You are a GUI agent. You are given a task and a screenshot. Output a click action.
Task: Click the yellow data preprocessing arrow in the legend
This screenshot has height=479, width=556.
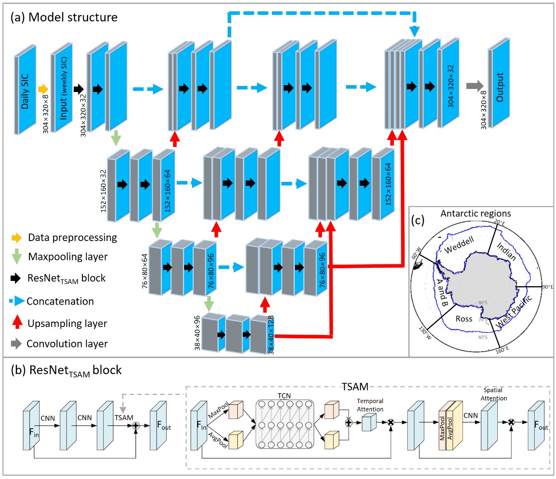point(16,238)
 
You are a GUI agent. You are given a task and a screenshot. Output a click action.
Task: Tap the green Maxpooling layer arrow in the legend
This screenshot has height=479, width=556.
point(16,256)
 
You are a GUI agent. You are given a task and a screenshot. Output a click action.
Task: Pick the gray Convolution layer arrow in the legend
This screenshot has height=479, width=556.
point(16,344)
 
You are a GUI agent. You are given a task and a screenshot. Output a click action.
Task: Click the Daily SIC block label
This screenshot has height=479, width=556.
point(25,91)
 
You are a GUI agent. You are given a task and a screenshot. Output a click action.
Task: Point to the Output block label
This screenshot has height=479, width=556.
point(499,87)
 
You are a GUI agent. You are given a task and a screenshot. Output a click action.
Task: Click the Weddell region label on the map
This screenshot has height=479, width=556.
point(459,245)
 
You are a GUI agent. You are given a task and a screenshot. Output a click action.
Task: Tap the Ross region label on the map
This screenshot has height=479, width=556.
point(463,319)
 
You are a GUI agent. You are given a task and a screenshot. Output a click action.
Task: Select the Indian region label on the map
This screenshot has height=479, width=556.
point(506,252)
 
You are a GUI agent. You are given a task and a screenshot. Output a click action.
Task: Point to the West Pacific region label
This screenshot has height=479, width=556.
point(514,311)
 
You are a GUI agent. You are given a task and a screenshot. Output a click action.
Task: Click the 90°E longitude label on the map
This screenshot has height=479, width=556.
point(548,287)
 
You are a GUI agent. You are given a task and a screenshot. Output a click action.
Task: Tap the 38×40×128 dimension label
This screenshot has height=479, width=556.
point(271,334)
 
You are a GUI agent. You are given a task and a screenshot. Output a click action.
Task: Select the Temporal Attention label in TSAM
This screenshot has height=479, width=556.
point(370,405)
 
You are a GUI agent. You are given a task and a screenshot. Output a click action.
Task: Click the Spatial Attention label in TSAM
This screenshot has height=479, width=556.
point(493,394)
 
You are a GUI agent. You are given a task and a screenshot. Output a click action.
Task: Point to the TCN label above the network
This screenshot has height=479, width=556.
point(284,396)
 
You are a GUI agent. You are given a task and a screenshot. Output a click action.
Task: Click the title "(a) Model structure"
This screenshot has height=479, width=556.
point(64,17)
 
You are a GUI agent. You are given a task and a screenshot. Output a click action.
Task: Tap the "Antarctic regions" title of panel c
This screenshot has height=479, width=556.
point(475,213)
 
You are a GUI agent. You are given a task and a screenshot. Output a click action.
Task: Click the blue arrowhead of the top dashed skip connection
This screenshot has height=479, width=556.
point(414,32)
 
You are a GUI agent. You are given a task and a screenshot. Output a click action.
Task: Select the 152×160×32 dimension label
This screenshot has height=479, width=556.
point(103,191)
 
